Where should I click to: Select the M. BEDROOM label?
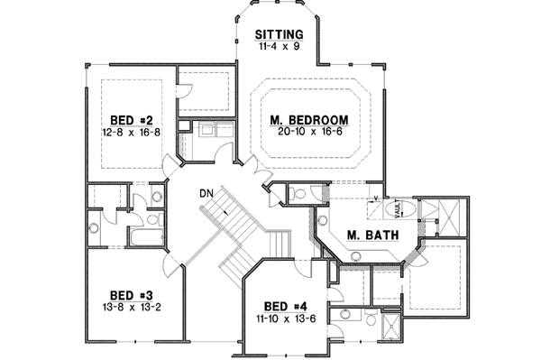(309, 120)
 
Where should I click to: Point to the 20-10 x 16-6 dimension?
(309, 133)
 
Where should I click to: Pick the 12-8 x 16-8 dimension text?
(132, 132)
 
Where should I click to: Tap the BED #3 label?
(131, 294)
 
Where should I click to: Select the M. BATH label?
(367, 235)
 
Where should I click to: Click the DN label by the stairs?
(206, 193)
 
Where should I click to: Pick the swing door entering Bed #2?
(171, 168)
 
